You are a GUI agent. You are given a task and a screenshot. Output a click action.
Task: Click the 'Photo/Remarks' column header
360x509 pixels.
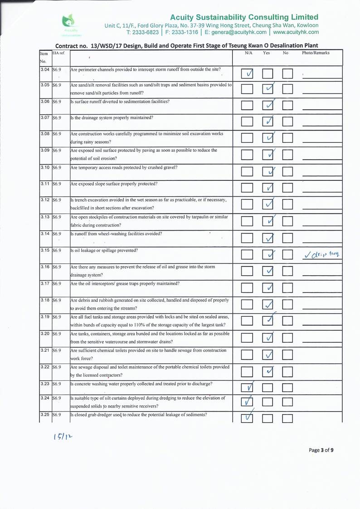point(316,53)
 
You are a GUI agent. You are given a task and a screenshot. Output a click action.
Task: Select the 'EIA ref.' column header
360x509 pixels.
point(59,53)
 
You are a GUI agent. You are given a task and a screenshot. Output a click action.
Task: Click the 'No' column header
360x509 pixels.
point(286,53)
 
